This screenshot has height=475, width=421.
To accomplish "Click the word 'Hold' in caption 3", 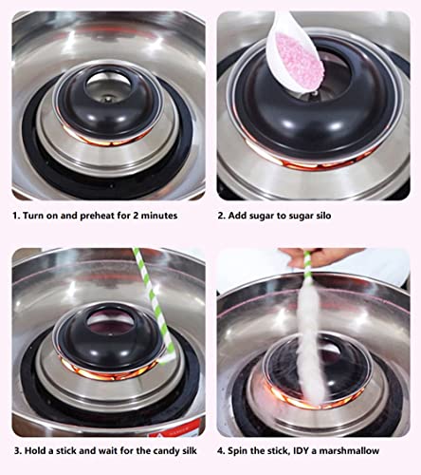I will (x=37, y=451).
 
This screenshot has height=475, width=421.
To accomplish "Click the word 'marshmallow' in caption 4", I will (x=365, y=451).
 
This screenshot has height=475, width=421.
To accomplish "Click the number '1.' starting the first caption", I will (x=16, y=216).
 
